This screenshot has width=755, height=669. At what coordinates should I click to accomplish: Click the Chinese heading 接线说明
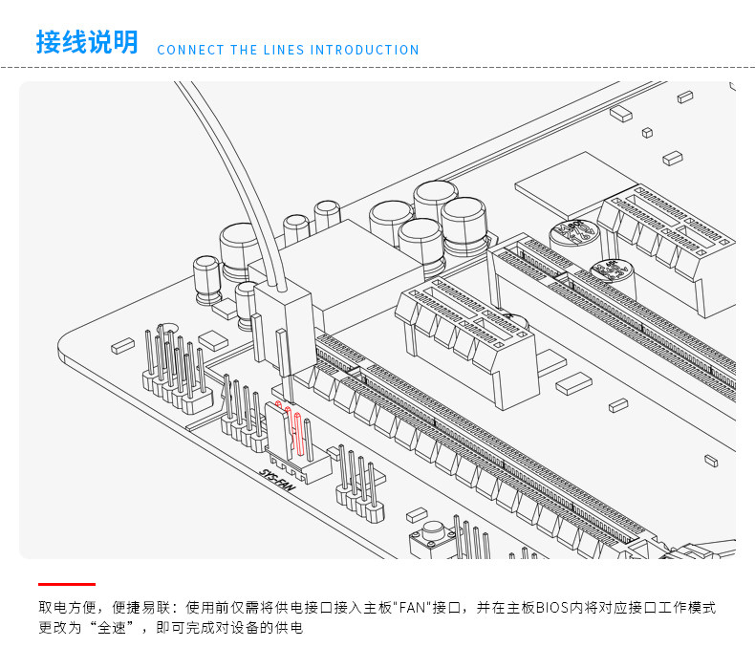click(87, 43)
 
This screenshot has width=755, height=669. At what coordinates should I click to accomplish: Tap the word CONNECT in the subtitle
click(189, 50)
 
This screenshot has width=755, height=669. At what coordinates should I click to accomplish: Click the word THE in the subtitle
click(244, 50)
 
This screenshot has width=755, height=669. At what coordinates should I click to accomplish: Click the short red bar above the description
click(67, 583)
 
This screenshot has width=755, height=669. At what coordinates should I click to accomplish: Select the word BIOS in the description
click(551, 608)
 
